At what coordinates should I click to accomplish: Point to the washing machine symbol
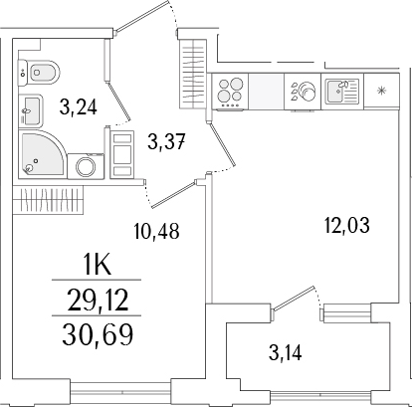(85, 165)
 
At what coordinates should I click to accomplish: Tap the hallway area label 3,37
(167, 141)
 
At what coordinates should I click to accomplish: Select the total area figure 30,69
(105, 331)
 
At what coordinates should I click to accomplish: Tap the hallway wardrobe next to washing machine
(122, 153)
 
